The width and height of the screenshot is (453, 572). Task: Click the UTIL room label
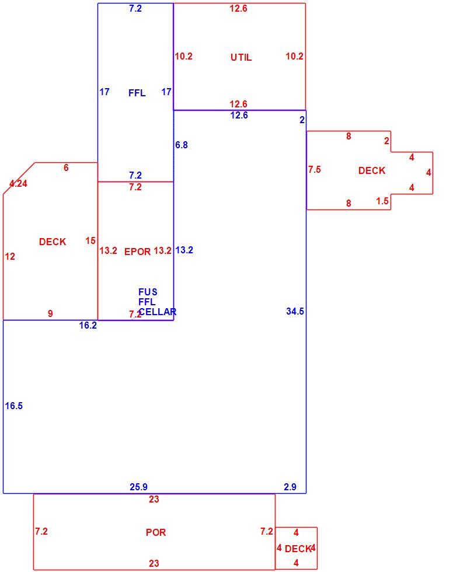[x=241, y=57]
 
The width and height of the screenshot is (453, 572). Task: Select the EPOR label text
[x=138, y=252]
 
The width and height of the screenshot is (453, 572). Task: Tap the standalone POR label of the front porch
[x=156, y=532]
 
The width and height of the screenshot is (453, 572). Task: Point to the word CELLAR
[x=157, y=312]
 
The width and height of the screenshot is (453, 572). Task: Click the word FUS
[x=148, y=292]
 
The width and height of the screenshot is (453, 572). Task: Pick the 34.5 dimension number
[x=295, y=311]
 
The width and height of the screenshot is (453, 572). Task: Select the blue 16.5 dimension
[x=14, y=406]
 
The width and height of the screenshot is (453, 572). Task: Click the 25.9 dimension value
[x=138, y=487]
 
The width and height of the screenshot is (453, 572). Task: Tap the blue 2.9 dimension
[x=290, y=487]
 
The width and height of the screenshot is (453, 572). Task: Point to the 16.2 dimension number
[x=88, y=325]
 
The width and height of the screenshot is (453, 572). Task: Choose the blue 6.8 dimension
[x=182, y=145]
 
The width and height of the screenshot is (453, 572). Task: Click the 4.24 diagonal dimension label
[x=18, y=183]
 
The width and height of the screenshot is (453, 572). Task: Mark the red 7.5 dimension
[x=315, y=169]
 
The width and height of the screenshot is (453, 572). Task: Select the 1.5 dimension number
[x=382, y=201]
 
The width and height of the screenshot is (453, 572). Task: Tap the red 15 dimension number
[x=90, y=240]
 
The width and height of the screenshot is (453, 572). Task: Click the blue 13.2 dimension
[x=184, y=250]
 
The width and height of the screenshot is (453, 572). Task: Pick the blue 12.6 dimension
[x=239, y=116]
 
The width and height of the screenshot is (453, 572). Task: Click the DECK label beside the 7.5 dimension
[x=372, y=170]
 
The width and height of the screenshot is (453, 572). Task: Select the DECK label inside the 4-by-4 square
[x=298, y=549]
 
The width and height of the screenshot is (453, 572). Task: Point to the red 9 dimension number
[x=50, y=313]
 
